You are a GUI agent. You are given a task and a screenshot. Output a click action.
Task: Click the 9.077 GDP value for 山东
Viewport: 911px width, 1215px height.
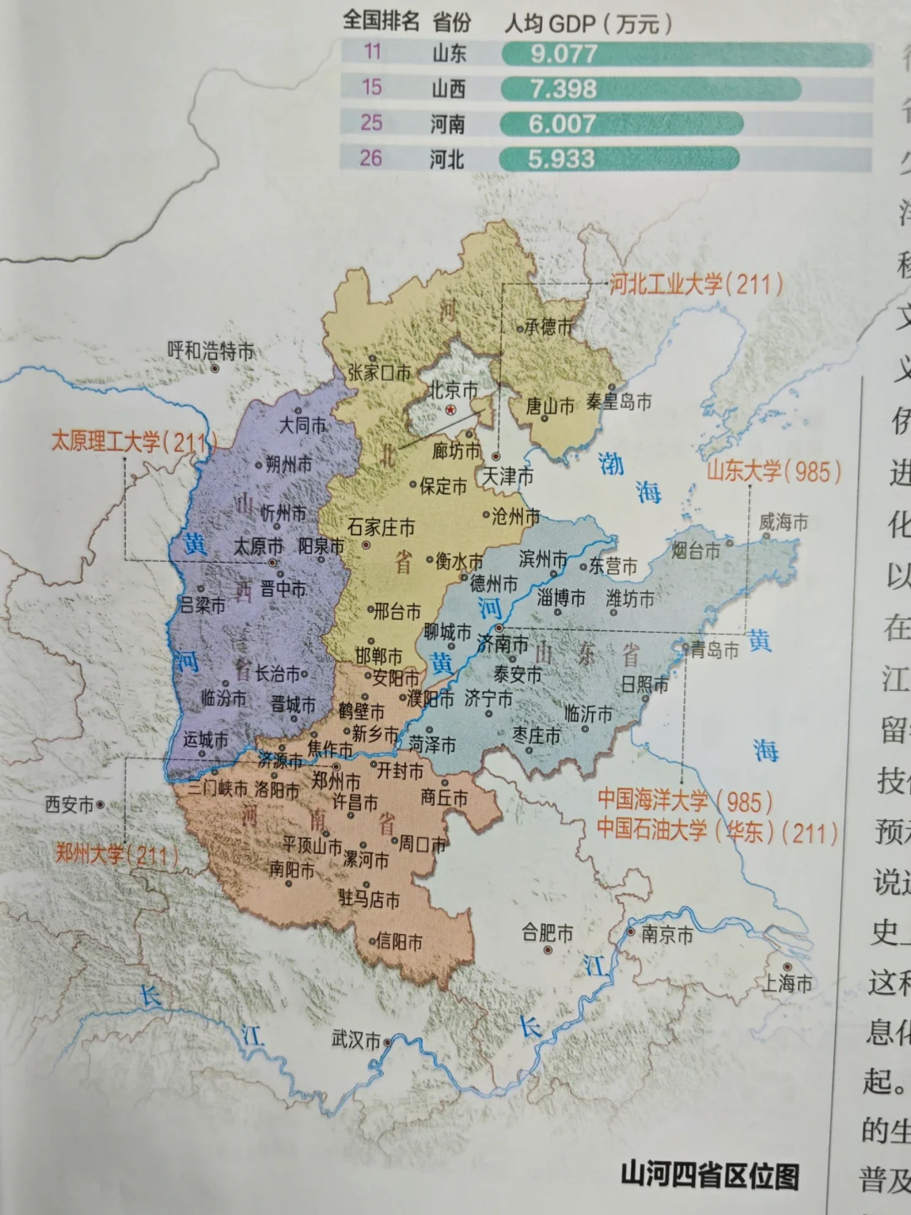pos(563,54)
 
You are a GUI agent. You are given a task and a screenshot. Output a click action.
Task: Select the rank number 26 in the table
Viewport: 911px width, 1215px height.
pos(371,158)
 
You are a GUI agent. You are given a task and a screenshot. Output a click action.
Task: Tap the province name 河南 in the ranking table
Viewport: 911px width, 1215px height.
pos(447,124)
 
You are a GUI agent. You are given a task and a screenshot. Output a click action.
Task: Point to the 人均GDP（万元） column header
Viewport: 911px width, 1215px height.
pos(588,23)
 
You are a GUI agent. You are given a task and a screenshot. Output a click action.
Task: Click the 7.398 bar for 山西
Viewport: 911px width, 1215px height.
pos(650,89)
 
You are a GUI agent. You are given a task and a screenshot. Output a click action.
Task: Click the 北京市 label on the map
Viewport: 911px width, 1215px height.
pos(452,390)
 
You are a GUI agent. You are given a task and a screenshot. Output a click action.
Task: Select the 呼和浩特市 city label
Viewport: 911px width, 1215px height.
pos(210,351)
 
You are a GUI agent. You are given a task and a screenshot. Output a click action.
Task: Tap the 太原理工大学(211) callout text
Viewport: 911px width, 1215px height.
pos(133,441)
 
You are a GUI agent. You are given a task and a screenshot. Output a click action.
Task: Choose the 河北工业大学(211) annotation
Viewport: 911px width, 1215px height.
pos(696,283)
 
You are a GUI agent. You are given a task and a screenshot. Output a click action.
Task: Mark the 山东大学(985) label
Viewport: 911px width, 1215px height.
pos(774,471)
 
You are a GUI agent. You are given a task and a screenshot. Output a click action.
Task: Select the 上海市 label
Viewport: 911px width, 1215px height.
pos(788,983)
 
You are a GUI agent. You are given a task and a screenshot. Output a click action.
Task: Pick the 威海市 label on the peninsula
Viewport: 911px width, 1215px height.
pos(783,522)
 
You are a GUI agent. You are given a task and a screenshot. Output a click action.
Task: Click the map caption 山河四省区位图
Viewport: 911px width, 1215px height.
pos(709,1174)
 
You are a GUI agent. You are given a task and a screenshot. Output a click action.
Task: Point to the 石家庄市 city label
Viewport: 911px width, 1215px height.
pos(381,527)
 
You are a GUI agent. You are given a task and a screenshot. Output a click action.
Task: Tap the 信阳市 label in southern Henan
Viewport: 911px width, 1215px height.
pos(398,940)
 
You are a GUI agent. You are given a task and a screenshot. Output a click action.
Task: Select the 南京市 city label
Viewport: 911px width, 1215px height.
pos(666,934)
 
